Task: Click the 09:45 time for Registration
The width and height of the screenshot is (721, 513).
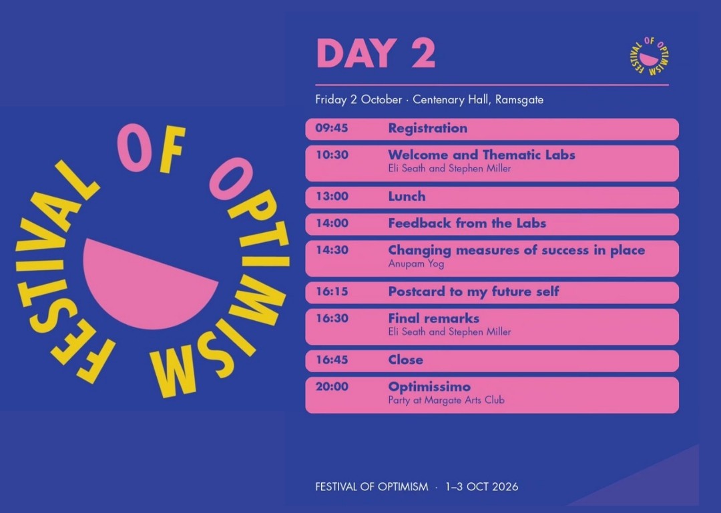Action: [x=332, y=128]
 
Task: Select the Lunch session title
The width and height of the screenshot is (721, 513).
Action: [x=407, y=196]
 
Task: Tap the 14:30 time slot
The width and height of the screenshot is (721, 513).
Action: [x=332, y=250]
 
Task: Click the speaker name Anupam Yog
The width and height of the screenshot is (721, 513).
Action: [x=416, y=264]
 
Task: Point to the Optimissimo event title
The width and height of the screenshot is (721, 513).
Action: [x=429, y=387]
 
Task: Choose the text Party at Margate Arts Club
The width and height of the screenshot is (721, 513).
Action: [x=446, y=400]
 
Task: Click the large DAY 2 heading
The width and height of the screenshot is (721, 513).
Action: [x=376, y=53]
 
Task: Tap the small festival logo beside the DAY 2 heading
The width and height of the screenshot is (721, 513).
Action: [x=649, y=57]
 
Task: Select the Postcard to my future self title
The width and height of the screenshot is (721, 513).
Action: [x=473, y=292]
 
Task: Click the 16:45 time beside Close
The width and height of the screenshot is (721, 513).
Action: [x=332, y=360]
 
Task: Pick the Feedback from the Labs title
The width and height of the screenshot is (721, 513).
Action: [x=467, y=223]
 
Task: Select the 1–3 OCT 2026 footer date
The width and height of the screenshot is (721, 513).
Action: [x=481, y=487]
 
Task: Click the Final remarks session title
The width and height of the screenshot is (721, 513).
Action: [x=434, y=318]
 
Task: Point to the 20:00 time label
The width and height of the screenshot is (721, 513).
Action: [x=332, y=387]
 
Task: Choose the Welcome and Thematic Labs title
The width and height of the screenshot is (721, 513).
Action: [x=481, y=155]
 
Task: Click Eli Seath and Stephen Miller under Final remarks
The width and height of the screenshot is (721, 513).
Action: [x=449, y=332]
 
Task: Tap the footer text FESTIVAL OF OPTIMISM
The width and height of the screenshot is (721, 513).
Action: [x=372, y=487]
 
